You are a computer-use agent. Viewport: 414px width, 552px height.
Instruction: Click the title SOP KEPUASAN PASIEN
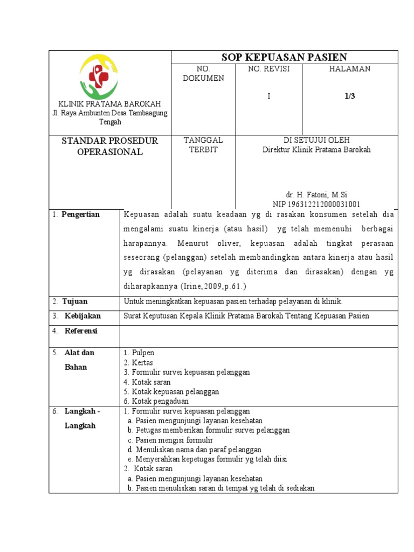284,57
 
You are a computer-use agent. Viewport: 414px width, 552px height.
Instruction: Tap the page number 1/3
350,96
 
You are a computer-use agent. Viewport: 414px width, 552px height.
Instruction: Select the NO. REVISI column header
268,69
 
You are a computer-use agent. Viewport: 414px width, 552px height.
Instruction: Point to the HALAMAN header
350,69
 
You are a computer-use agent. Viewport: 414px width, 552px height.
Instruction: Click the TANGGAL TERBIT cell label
203,145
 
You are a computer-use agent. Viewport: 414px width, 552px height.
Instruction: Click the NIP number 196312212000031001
316,204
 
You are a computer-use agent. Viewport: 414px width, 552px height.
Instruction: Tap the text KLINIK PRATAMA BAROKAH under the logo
109,103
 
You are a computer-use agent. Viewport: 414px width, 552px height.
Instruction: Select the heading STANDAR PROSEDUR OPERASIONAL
109,146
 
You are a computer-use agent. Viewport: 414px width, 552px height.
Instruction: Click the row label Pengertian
80,215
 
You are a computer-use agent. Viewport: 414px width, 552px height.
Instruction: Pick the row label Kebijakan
82,316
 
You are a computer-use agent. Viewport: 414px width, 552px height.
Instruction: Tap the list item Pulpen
143,353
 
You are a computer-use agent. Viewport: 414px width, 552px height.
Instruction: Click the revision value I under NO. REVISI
268,96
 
